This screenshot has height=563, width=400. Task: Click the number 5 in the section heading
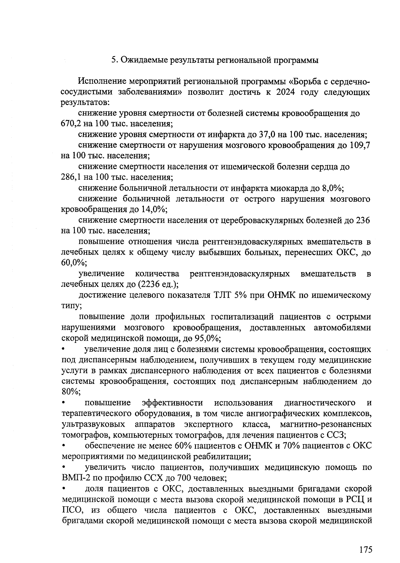[x=114, y=60]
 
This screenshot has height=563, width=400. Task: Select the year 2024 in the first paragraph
[x=286, y=92]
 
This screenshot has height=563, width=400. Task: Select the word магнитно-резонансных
[x=326, y=424]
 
